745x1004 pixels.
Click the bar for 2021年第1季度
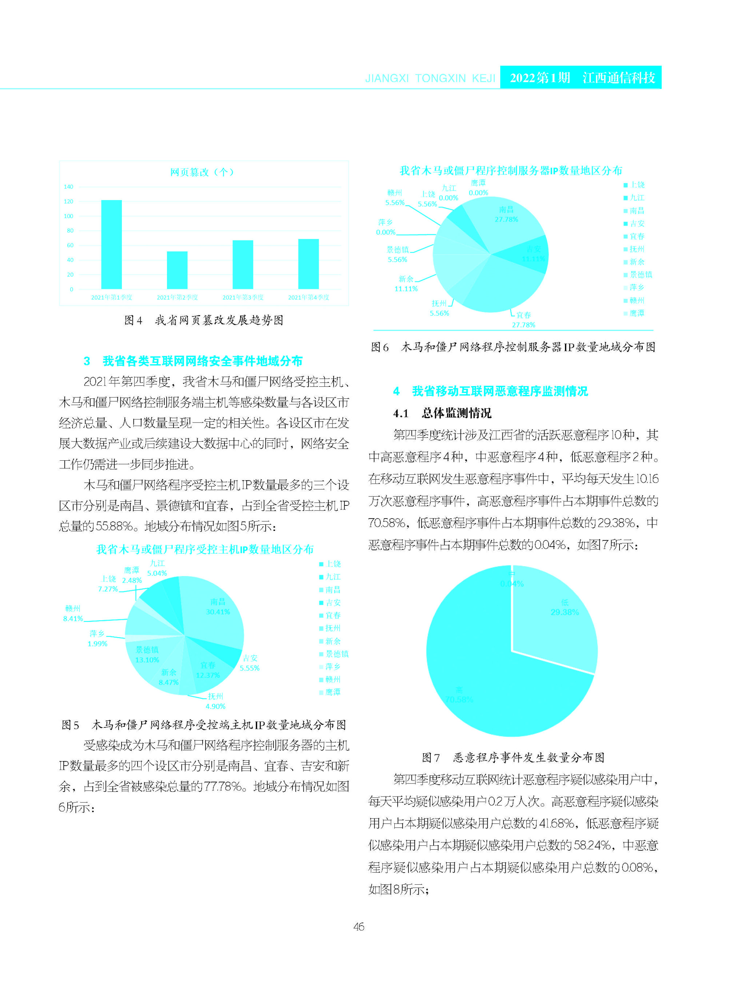tap(111, 244)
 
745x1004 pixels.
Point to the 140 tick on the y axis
tap(68, 187)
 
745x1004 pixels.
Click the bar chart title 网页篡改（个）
tap(202, 172)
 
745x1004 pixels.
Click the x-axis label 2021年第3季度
tap(243, 297)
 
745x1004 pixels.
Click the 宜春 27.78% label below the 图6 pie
tap(523, 320)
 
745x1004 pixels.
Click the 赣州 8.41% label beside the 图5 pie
tap(73, 614)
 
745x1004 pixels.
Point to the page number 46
tap(359, 926)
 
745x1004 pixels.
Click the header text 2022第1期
tap(540, 78)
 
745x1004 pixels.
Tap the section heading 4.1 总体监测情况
tap(442, 413)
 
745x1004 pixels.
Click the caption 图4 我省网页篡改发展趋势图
tap(204, 320)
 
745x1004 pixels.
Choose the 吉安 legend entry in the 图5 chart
tap(333, 603)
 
